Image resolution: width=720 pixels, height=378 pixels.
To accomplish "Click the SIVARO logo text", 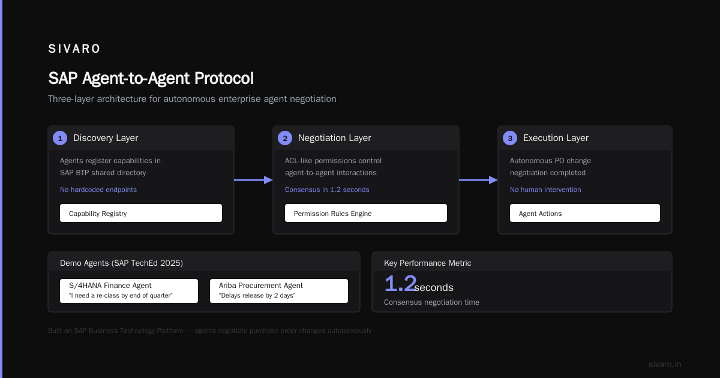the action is (x=74, y=49).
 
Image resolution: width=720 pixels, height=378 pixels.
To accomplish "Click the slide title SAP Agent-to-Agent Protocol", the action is (x=151, y=78).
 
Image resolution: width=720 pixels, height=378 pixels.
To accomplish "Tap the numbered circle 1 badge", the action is (x=60, y=138).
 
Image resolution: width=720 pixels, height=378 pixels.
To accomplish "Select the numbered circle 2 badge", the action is (x=285, y=138).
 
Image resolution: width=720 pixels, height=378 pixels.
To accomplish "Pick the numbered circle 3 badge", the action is (x=510, y=138).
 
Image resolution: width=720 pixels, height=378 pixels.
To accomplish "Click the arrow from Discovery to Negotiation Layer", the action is (x=253, y=180).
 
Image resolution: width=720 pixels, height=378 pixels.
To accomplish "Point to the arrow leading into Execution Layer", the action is (x=478, y=180).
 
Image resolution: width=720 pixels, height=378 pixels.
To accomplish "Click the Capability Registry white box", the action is (x=141, y=213).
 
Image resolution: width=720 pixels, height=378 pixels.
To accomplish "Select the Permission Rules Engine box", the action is (x=366, y=213).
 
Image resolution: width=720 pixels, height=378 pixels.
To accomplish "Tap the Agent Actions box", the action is (x=584, y=213).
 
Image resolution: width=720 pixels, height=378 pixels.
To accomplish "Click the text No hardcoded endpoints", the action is (x=98, y=190).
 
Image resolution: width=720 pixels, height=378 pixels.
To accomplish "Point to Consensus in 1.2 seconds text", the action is (x=327, y=190).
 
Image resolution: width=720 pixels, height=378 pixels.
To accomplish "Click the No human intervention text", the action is (x=545, y=190).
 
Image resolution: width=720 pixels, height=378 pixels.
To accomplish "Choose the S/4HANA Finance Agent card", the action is (x=129, y=291).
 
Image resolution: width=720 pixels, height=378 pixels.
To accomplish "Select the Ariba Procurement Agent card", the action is (x=279, y=291).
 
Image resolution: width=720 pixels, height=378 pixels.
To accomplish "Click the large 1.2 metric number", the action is (x=400, y=283).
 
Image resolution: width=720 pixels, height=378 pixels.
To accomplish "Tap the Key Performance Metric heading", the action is (x=427, y=263).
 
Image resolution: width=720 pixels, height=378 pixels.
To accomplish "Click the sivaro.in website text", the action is (x=665, y=364).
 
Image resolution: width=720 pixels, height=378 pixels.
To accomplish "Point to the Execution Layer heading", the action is (x=556, y=138).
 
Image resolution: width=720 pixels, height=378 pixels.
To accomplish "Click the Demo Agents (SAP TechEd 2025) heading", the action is (x=121, y=263).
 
